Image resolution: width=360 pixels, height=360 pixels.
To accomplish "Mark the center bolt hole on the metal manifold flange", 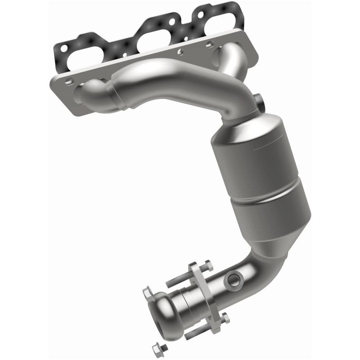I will [180, 52].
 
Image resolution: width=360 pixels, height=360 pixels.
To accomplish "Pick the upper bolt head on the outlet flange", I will [205, 265].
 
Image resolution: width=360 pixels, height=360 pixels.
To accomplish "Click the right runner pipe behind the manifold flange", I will [225, 56].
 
